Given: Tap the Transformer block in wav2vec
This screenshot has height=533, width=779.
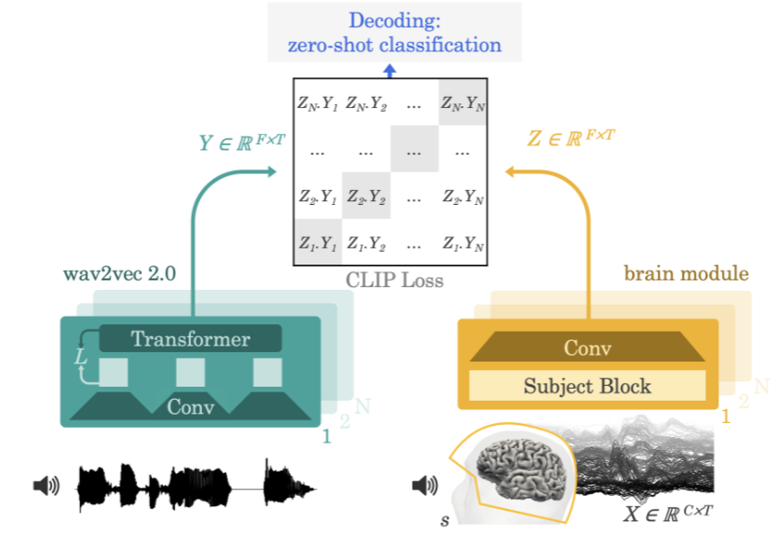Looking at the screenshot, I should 190,339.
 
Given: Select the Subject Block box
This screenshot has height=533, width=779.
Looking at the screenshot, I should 586,385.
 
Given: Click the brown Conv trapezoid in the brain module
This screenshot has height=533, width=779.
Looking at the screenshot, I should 587,348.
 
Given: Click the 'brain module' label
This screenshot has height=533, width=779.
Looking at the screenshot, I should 686,274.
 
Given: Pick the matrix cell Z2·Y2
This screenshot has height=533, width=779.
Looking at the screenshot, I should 366,197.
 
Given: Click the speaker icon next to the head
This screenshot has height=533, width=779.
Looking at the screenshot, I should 423,485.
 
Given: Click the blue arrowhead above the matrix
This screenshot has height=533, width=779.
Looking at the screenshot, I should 390,68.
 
